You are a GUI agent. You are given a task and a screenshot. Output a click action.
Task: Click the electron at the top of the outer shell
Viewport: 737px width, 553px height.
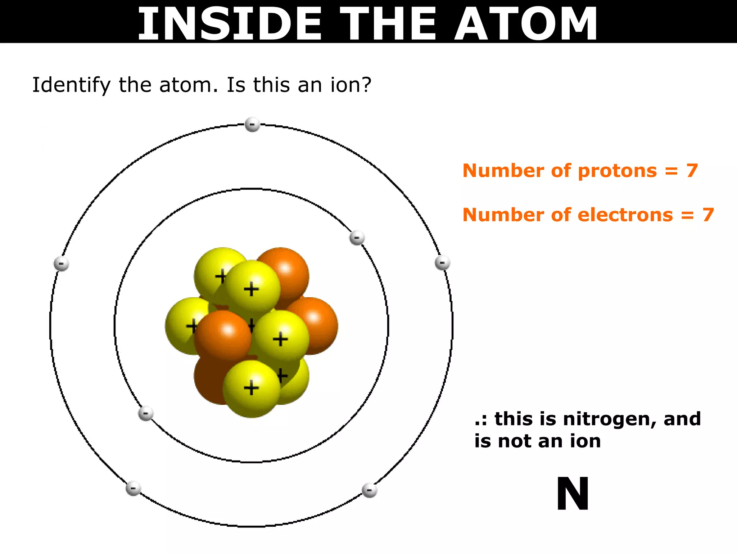pyautogui.click(x=252, y=125)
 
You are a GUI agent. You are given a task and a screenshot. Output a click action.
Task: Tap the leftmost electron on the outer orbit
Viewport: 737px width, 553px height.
pyautogui.click(x=61, y=264)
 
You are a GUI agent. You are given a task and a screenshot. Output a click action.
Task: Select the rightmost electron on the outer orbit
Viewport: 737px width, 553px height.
pyautogui.click(x=442, y=262)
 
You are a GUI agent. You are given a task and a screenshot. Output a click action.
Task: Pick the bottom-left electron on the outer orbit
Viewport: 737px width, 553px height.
pyautogui.click(x=133, y=489)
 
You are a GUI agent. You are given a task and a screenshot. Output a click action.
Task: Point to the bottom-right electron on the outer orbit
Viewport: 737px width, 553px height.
pyautogui.click(x=369, y=490)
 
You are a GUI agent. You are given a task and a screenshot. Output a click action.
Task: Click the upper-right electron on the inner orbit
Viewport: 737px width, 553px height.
pyautogui.click(x=357, y=238)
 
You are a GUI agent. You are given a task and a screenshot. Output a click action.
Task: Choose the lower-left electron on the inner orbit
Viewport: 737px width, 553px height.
pyautogui.click(x=146, y=413)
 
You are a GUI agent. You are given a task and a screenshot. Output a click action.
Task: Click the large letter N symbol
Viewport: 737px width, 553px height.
pyautogui.click(x=573, y=494)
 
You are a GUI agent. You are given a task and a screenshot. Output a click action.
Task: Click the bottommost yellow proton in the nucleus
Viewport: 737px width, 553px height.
pyautogui.click(x=251, y=389)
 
